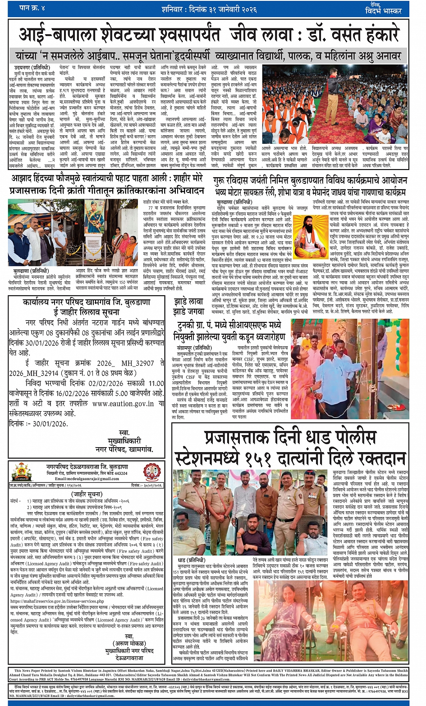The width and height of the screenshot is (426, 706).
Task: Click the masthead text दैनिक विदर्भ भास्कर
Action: (x=383, y=9)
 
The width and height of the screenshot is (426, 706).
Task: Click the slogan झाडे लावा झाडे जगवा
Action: (x=189, y=306)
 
